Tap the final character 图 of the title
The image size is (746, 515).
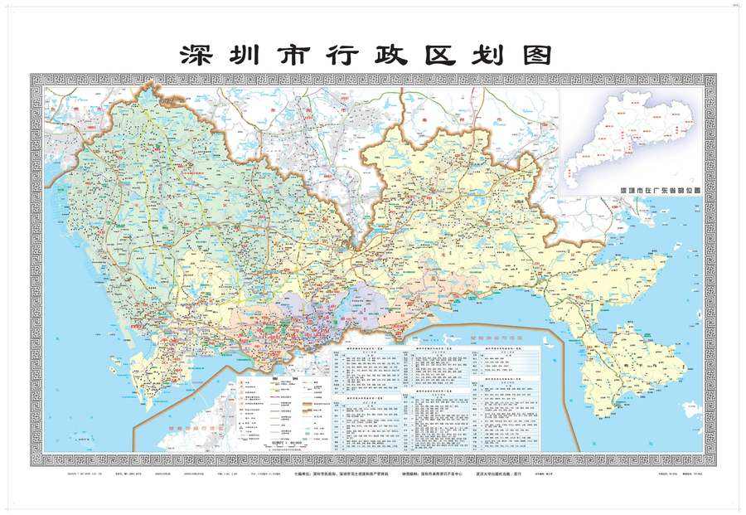pos(535,55)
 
